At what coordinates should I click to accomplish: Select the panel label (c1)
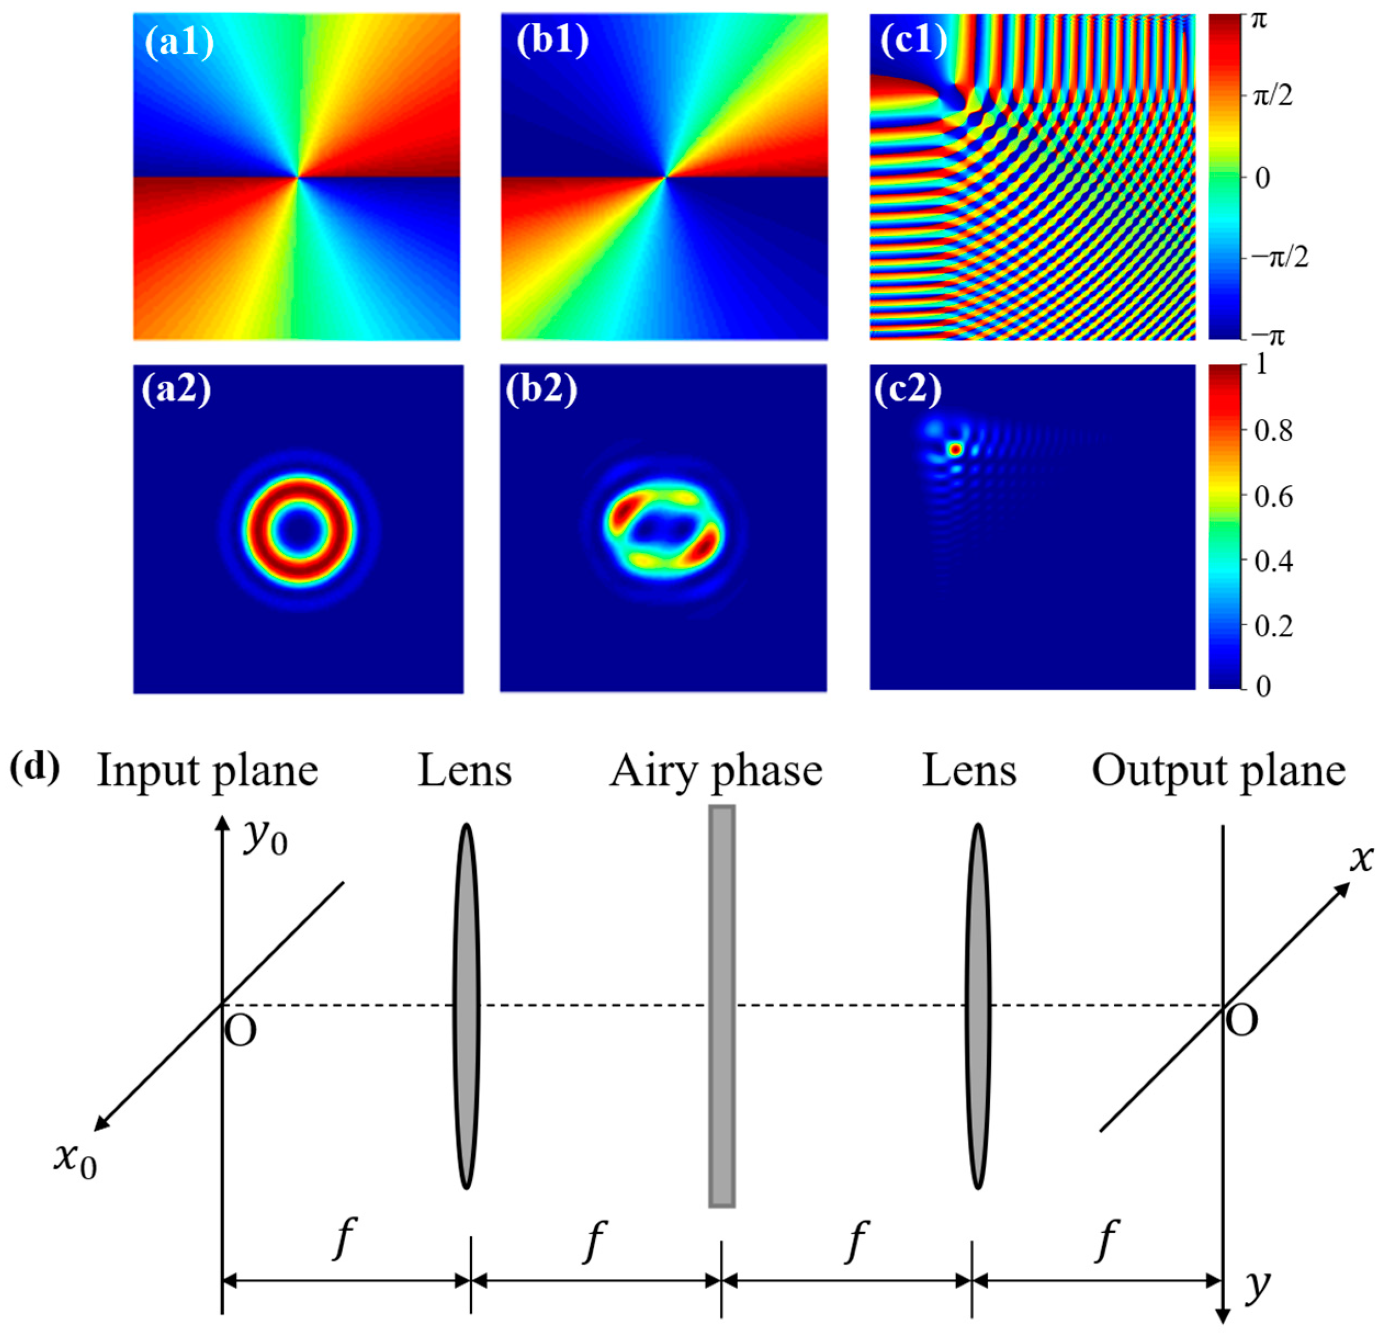913,42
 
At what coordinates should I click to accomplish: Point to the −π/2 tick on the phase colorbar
1279,258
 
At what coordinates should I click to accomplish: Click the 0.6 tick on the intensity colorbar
1274,497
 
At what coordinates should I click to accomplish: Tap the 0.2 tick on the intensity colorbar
1274,626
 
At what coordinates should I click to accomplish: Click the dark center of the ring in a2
301,530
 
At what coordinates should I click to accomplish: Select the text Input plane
207,772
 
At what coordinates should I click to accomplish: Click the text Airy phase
716,772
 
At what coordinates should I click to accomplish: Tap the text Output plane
1218,772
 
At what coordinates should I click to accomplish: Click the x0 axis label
75,1161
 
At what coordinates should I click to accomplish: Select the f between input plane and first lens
343,1239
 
